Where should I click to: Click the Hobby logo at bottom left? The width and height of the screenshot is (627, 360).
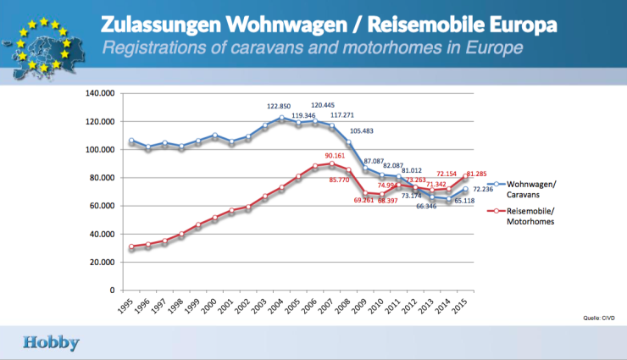click(x=51, y=342)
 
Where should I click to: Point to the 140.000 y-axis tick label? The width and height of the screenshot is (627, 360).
click(x=100, y=93)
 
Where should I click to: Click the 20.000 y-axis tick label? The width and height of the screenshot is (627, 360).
click(x=103, y=262)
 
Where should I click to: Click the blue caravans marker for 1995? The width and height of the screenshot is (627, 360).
click(x=131, y=141)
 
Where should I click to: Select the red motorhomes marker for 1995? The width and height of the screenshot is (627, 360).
click(x=131, y=247)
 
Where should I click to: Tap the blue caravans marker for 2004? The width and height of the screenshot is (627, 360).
click(x=282, y=119)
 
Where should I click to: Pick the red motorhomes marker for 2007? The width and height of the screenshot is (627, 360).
click(x=332, y=164)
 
